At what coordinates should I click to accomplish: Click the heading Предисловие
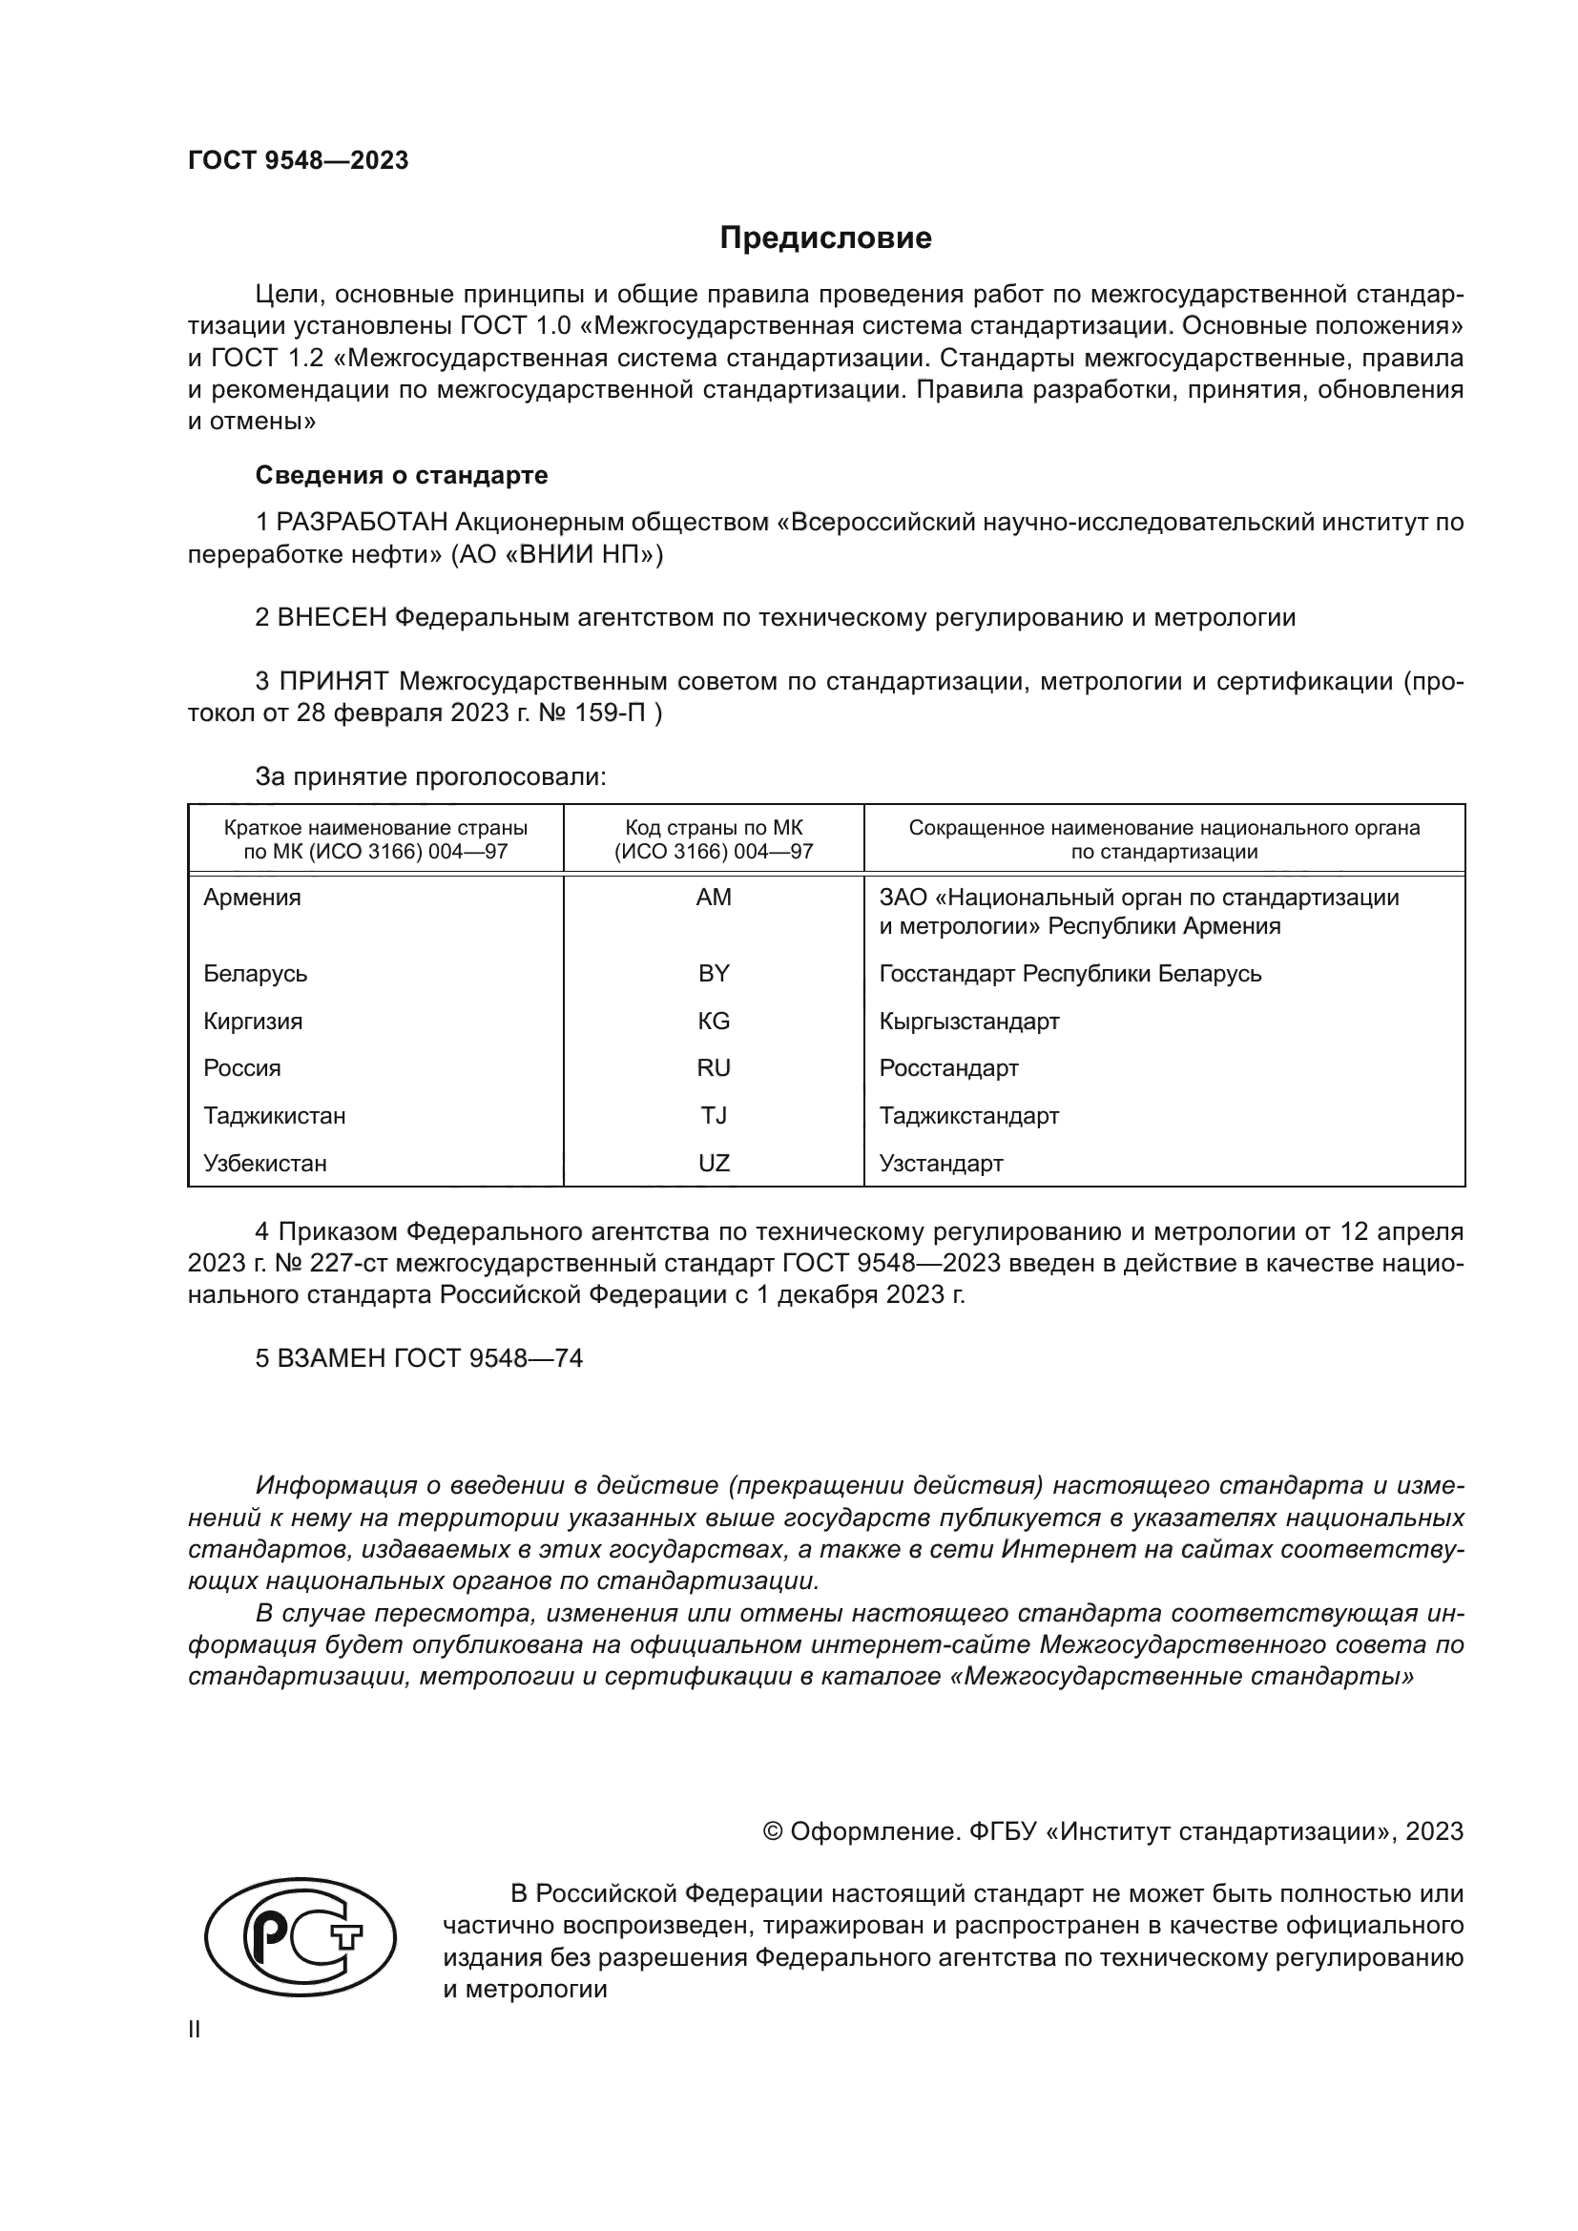(825, 238)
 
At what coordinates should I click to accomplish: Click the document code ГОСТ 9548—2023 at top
(299, 161)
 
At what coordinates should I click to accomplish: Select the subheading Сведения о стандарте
(402, 475)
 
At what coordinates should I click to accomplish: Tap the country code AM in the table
(714, 898)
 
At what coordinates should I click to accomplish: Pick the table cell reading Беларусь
(256, 974)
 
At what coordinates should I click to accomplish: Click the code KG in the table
(714, 1022)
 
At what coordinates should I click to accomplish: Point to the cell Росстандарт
(948, 1069)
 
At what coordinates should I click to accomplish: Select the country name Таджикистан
(274, 1116)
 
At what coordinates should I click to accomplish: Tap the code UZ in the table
(714, 1163)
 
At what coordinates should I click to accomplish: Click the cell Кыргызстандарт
(968, 1022)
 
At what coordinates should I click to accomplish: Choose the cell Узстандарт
(941, 1163)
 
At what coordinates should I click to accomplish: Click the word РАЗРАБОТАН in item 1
(363, 523)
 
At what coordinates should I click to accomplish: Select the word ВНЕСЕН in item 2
(332, 618)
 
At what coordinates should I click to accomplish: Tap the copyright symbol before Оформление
(773, 1831)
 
